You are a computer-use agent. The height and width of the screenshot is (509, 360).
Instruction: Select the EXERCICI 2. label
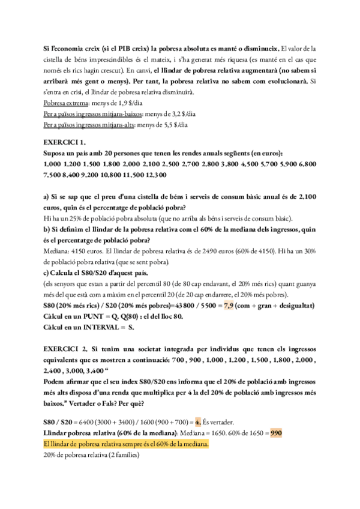(67, 348)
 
